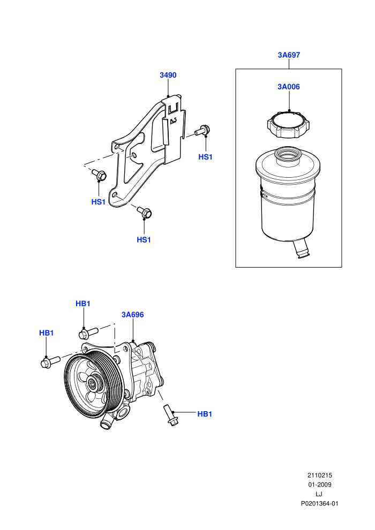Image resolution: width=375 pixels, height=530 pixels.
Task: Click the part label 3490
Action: click(168, 75)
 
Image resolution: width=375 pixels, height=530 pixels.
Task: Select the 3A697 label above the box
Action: click(289, 55)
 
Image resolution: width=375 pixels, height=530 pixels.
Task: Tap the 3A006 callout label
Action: click(289, 87)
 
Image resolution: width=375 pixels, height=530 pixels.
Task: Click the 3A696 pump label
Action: click(132, 315)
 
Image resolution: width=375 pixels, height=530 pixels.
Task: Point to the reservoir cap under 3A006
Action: click(289, 124)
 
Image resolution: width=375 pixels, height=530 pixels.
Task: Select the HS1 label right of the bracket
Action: click(205, 157)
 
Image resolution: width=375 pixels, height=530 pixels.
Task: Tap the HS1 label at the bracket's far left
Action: click(99, 202)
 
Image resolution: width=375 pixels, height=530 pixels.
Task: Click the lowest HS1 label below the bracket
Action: click(144, 240)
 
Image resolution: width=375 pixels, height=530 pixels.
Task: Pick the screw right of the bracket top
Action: click(202, 130)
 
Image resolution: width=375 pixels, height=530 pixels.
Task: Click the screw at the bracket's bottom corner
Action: click(145, 212)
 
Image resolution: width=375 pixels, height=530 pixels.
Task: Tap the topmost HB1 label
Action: click(83, 304)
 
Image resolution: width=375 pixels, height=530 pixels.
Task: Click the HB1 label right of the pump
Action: click(205, 414)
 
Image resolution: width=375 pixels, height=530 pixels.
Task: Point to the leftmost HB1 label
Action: click(46, 333)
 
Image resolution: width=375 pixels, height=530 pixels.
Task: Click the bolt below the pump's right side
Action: click(170, 415)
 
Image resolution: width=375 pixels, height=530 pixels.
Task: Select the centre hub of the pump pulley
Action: click(92, 383)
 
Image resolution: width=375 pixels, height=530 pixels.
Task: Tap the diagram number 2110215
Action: click(319, 475)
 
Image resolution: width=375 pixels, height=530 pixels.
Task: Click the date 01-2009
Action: click(319, 484)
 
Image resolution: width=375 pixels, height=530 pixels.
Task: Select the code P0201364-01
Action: click(319, 504)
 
